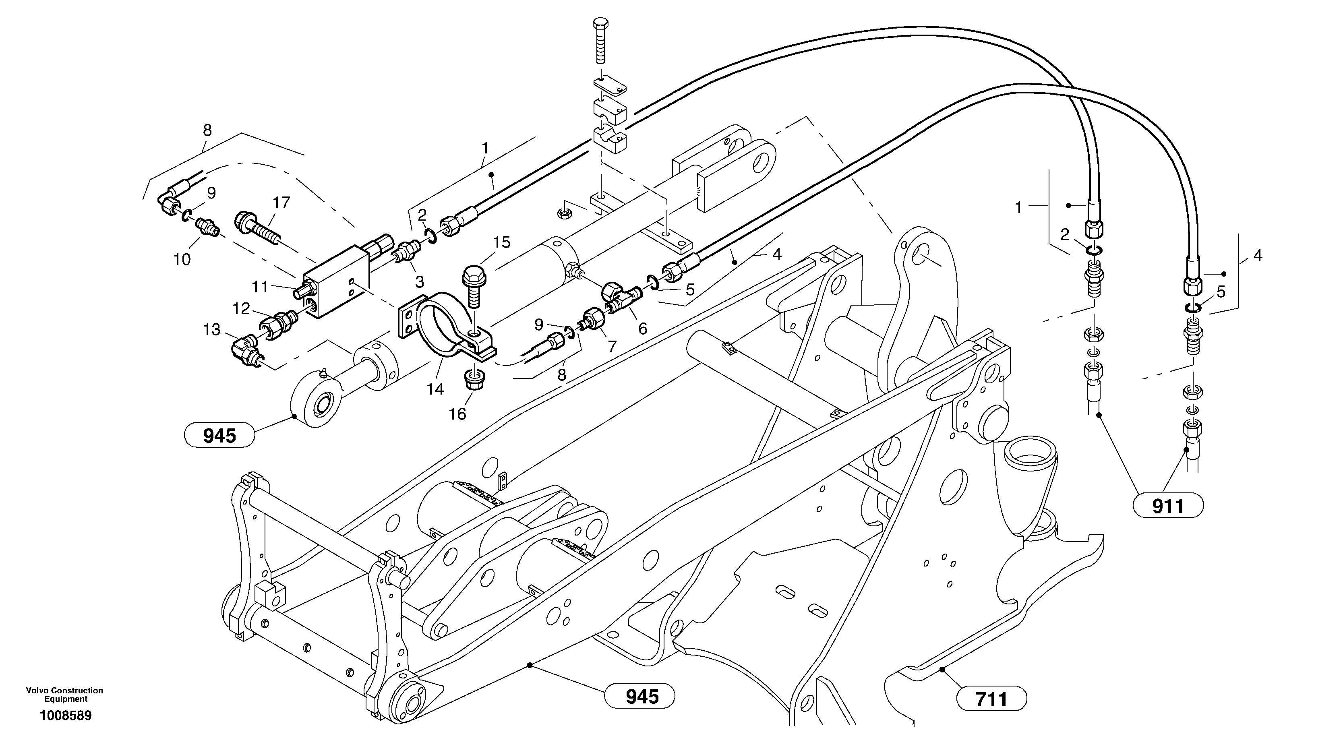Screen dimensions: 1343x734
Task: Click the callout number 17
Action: pos(281,203)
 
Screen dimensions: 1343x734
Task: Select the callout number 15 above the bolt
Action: pos(501,242)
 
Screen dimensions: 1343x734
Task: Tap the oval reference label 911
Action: pos(1168,506)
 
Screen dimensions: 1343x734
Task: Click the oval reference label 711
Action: pos(991,699)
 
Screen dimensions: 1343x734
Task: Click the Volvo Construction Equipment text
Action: pos(65,695)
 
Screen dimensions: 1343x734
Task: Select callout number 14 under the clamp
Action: pos(435,389)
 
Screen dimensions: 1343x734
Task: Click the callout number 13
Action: pos(212,330)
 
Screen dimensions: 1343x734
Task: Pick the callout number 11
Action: pos(260,287)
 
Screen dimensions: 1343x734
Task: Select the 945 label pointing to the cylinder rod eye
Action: pos(219,436)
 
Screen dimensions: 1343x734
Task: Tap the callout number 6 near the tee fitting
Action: pos(642,329)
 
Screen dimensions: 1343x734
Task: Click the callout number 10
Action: pos(182,259)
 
